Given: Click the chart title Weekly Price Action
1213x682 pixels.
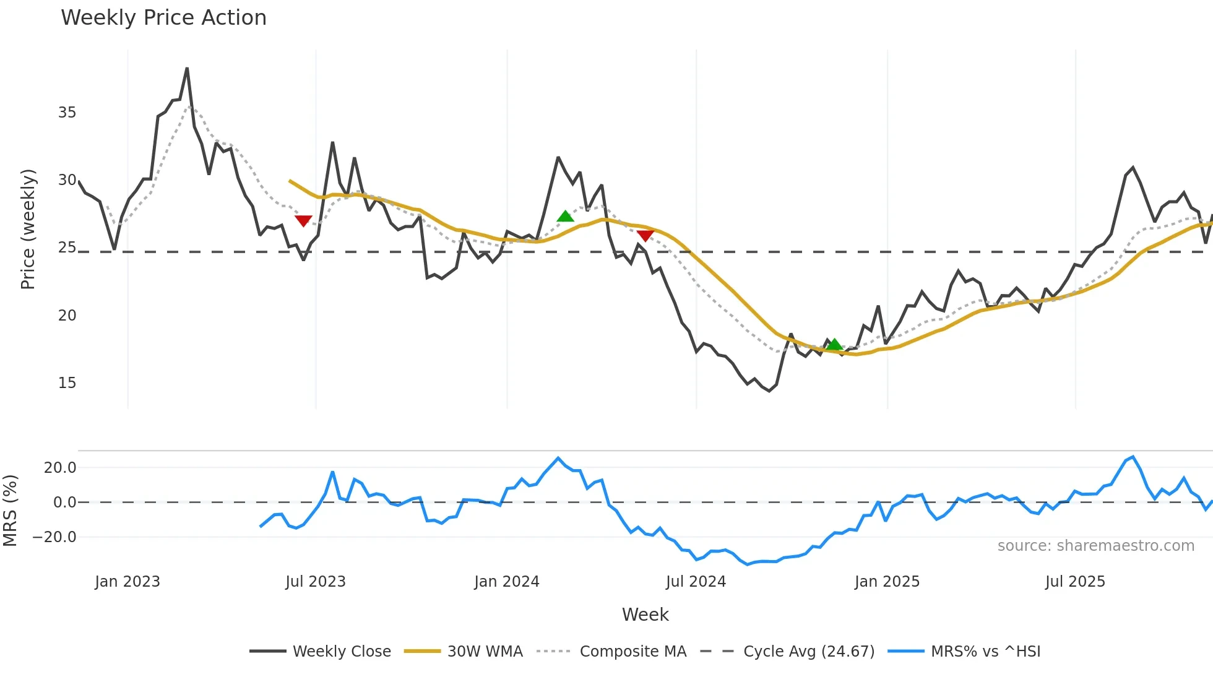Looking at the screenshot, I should pyautogui.click(x=163, y=18).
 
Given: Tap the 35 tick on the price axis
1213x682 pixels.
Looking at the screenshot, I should pyautogui.click(x=67, y=113).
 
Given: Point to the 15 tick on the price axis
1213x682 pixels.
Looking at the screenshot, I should pyautogui.click(x=67, y=383).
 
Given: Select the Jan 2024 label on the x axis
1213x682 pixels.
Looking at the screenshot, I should pyautogui.click(x=507, y=582).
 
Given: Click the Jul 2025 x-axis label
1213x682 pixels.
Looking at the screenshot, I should pyautogui.click(x=1075, y=582).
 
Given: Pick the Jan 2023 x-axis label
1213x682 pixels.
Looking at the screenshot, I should pyautogui.click(x=127, y=582).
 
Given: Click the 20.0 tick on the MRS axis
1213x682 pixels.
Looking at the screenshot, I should pyautogui.click(x=60, y=468).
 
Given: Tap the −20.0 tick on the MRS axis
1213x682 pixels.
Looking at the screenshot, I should pyautogui.click(x=54, y=537).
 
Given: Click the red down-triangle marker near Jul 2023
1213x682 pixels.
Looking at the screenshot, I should pyautogui.click(x=303, y=221).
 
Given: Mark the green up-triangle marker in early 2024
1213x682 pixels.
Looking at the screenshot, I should pyautogui.click(x=565, y=216).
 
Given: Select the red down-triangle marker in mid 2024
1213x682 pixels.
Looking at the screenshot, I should pyautogui.click(x=645, y=236).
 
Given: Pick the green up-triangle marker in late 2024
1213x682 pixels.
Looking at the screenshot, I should pyautogui.click(x=834, y=345).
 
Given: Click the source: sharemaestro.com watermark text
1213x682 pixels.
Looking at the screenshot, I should pyautogui.click(x=1095, y=546).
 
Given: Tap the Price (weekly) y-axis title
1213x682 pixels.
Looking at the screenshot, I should pyautogui.click(x=28, y=229).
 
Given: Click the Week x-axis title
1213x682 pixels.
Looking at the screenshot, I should pyautogui.click(x=645, y=615).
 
